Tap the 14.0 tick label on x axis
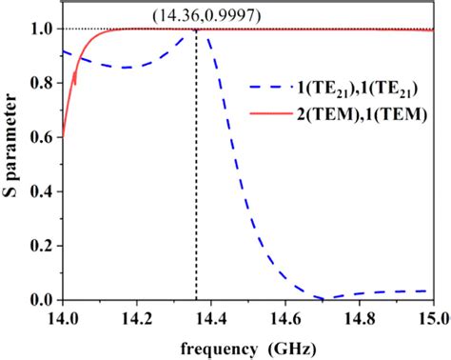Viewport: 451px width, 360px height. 63,316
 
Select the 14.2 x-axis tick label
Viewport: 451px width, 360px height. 137,316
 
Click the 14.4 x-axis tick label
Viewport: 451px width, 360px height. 211,316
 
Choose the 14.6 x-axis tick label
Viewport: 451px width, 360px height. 285,316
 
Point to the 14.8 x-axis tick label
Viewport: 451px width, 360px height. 360,316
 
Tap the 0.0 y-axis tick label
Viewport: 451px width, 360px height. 41,300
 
